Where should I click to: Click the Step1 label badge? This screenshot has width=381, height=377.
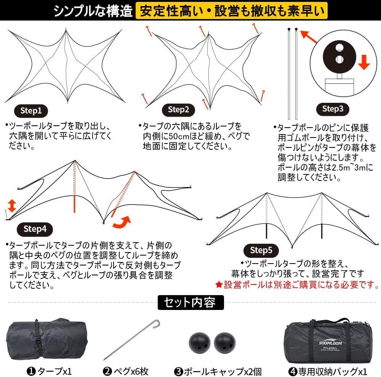click(x=31, y=111)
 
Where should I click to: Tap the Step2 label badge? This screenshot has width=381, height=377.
click(x=179, y=110)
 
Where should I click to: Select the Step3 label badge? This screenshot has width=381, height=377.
click(x=333, y=109)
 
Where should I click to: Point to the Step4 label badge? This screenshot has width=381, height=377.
click(x=35, y=229)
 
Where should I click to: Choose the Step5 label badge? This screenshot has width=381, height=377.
click(x=261, y=250)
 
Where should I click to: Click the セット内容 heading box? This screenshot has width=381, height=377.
click(x=190, y=303)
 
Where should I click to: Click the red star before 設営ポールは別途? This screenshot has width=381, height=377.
click(x=219, y=284)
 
